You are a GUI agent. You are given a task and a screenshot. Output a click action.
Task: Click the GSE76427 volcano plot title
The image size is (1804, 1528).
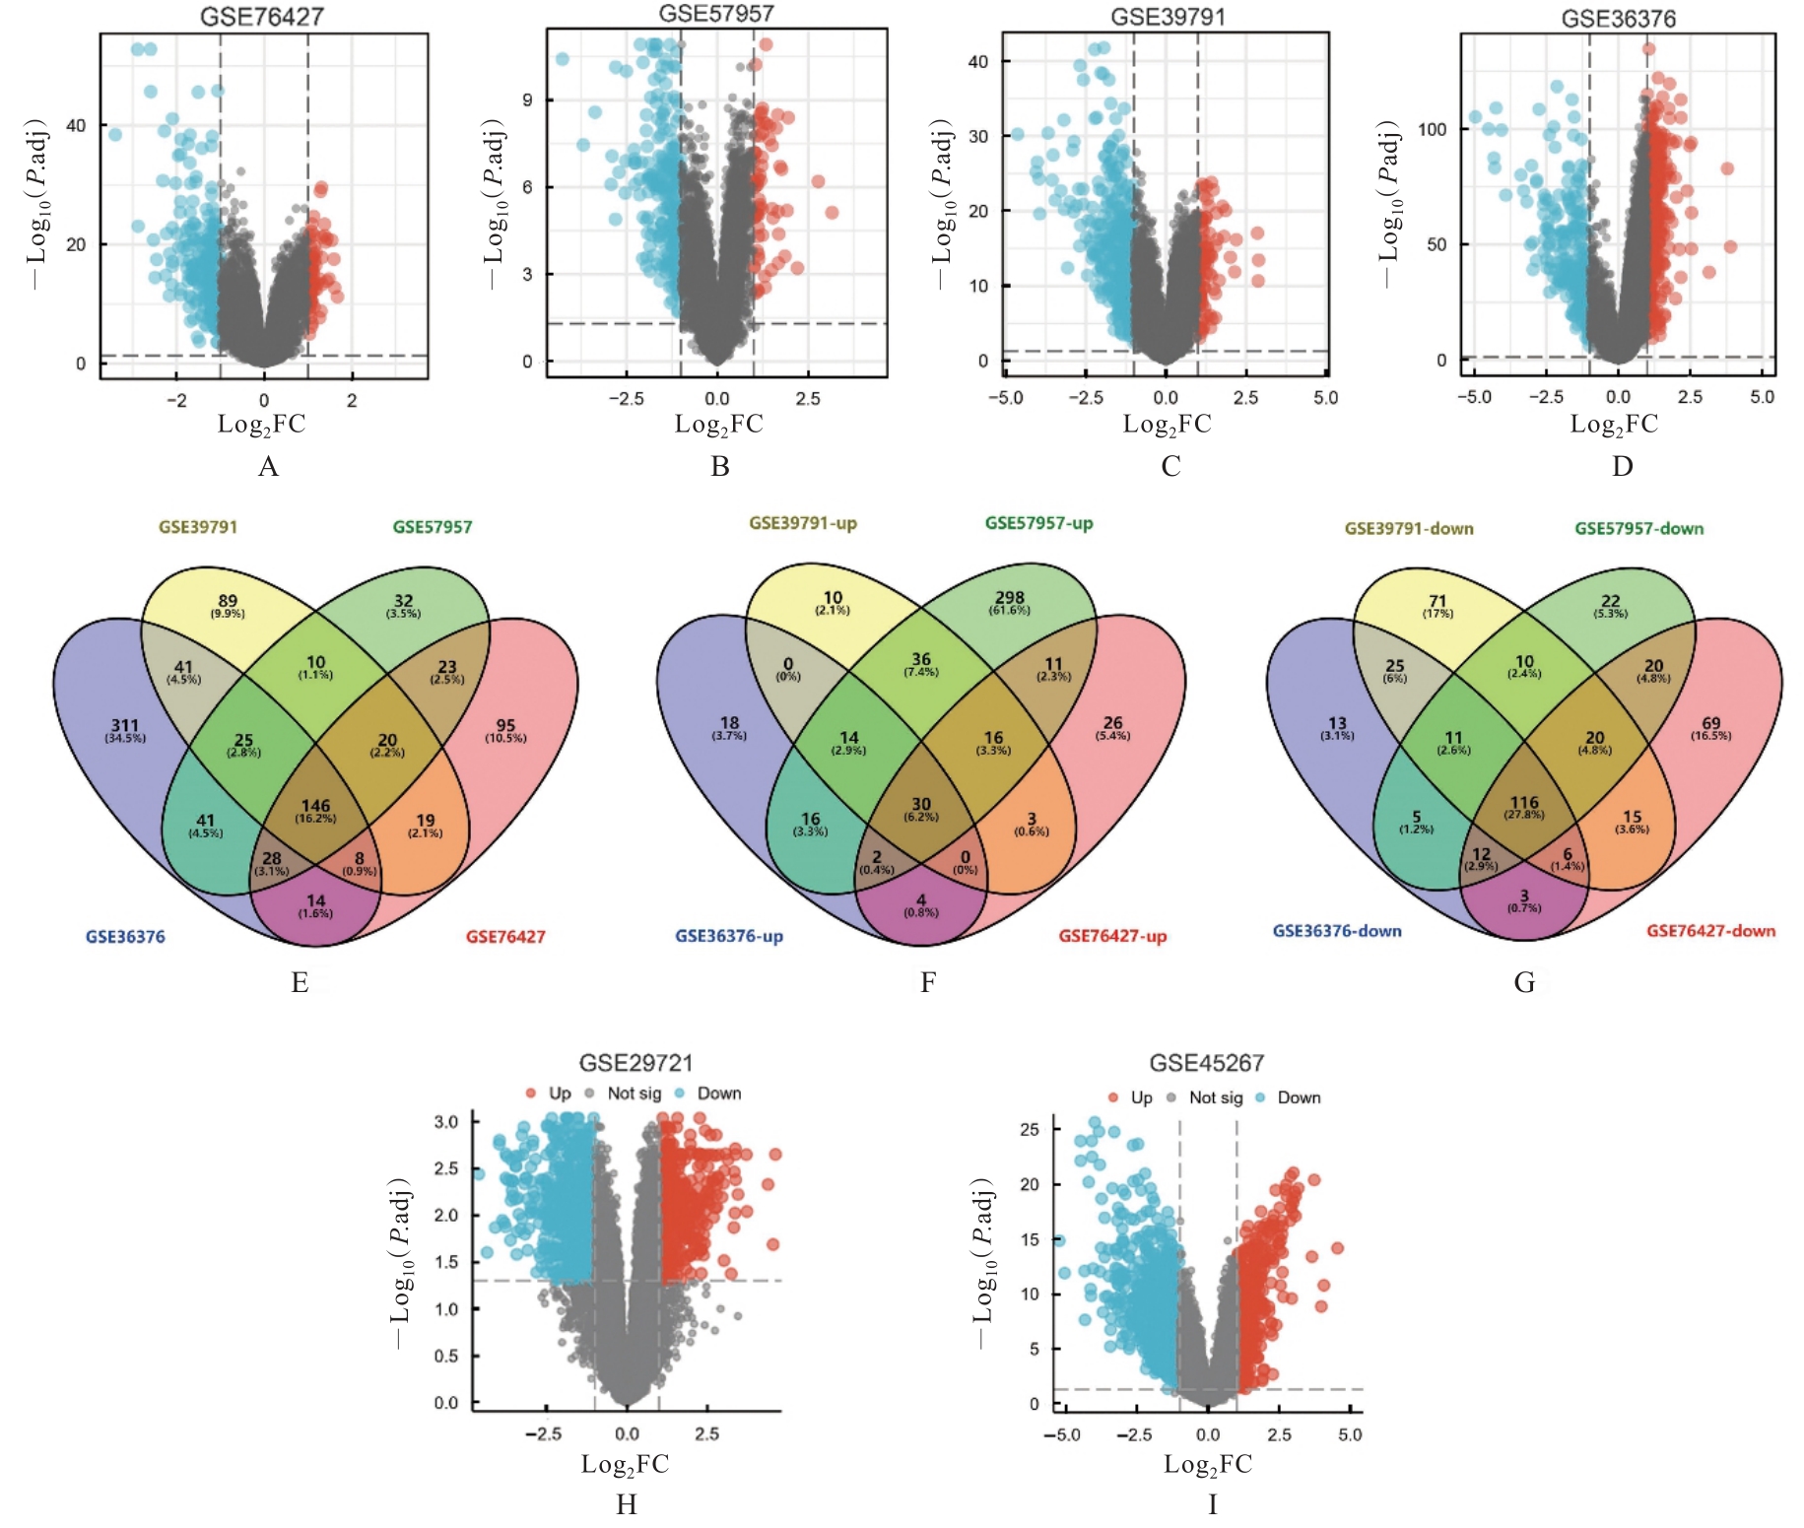[x=261, y=16]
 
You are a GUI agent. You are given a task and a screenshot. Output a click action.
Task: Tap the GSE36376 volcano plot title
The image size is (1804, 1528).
[x=1618, y=19]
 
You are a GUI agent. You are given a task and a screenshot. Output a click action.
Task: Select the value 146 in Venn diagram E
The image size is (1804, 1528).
[x=315, y=806]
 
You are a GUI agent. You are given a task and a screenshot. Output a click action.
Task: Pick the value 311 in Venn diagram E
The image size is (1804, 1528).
[x=125, y=726]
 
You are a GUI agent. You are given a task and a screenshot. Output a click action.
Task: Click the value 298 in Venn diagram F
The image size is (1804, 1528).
[x=1009, y=598]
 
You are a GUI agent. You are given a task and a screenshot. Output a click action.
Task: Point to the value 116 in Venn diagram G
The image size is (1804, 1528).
[x=1523, y=803]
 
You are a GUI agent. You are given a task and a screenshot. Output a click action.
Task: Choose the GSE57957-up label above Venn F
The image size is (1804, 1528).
[x=1038, y=523]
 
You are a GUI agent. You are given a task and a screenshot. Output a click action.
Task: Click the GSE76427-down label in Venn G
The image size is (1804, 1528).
[x=1710, y=931]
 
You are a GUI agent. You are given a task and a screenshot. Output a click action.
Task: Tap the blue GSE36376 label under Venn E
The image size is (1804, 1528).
[x=125, y=937]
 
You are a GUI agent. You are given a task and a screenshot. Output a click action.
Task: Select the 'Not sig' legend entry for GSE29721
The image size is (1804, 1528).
[x=634, y=1094]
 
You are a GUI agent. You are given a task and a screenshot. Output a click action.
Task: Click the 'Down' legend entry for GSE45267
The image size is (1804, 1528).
[x=1299, y=1097]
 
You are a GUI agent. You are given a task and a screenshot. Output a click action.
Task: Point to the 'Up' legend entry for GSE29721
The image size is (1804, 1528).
[x=559, y=1094]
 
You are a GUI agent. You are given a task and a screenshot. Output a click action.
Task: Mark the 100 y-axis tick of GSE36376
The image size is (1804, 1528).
[x=1432, y=129]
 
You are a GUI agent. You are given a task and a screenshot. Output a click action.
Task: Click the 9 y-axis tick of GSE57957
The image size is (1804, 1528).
[x=527, y=100]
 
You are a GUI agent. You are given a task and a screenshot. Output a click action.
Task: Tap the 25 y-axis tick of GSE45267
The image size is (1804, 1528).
[x=1030, y=1129]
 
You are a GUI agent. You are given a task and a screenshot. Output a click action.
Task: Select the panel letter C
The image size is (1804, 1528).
[x=1169, y=466]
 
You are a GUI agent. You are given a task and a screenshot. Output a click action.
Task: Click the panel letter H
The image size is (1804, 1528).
[x=626, y=1504]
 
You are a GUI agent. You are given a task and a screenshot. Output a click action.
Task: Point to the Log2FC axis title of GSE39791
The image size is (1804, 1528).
[x=1167, y=425]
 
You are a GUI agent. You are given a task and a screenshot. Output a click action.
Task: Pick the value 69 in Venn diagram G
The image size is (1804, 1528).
[x=1710, y=724]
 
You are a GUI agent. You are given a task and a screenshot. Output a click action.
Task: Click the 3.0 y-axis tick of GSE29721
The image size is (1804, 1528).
[x=446, y=1122]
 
